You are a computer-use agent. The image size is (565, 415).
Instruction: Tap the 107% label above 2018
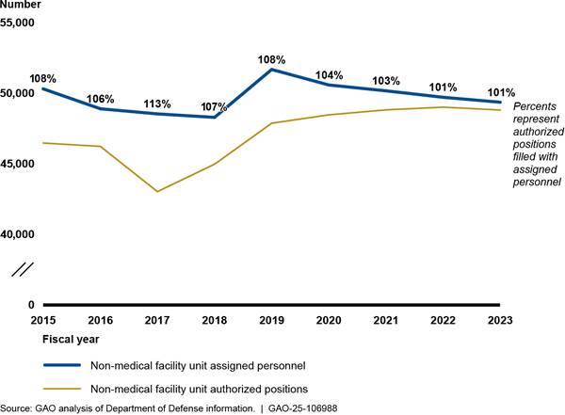[214, 106]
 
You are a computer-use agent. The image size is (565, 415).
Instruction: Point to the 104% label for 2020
[329, 74]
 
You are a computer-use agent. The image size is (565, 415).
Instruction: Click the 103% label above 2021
[387, 82]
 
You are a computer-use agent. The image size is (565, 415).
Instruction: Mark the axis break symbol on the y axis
[24, 269]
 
